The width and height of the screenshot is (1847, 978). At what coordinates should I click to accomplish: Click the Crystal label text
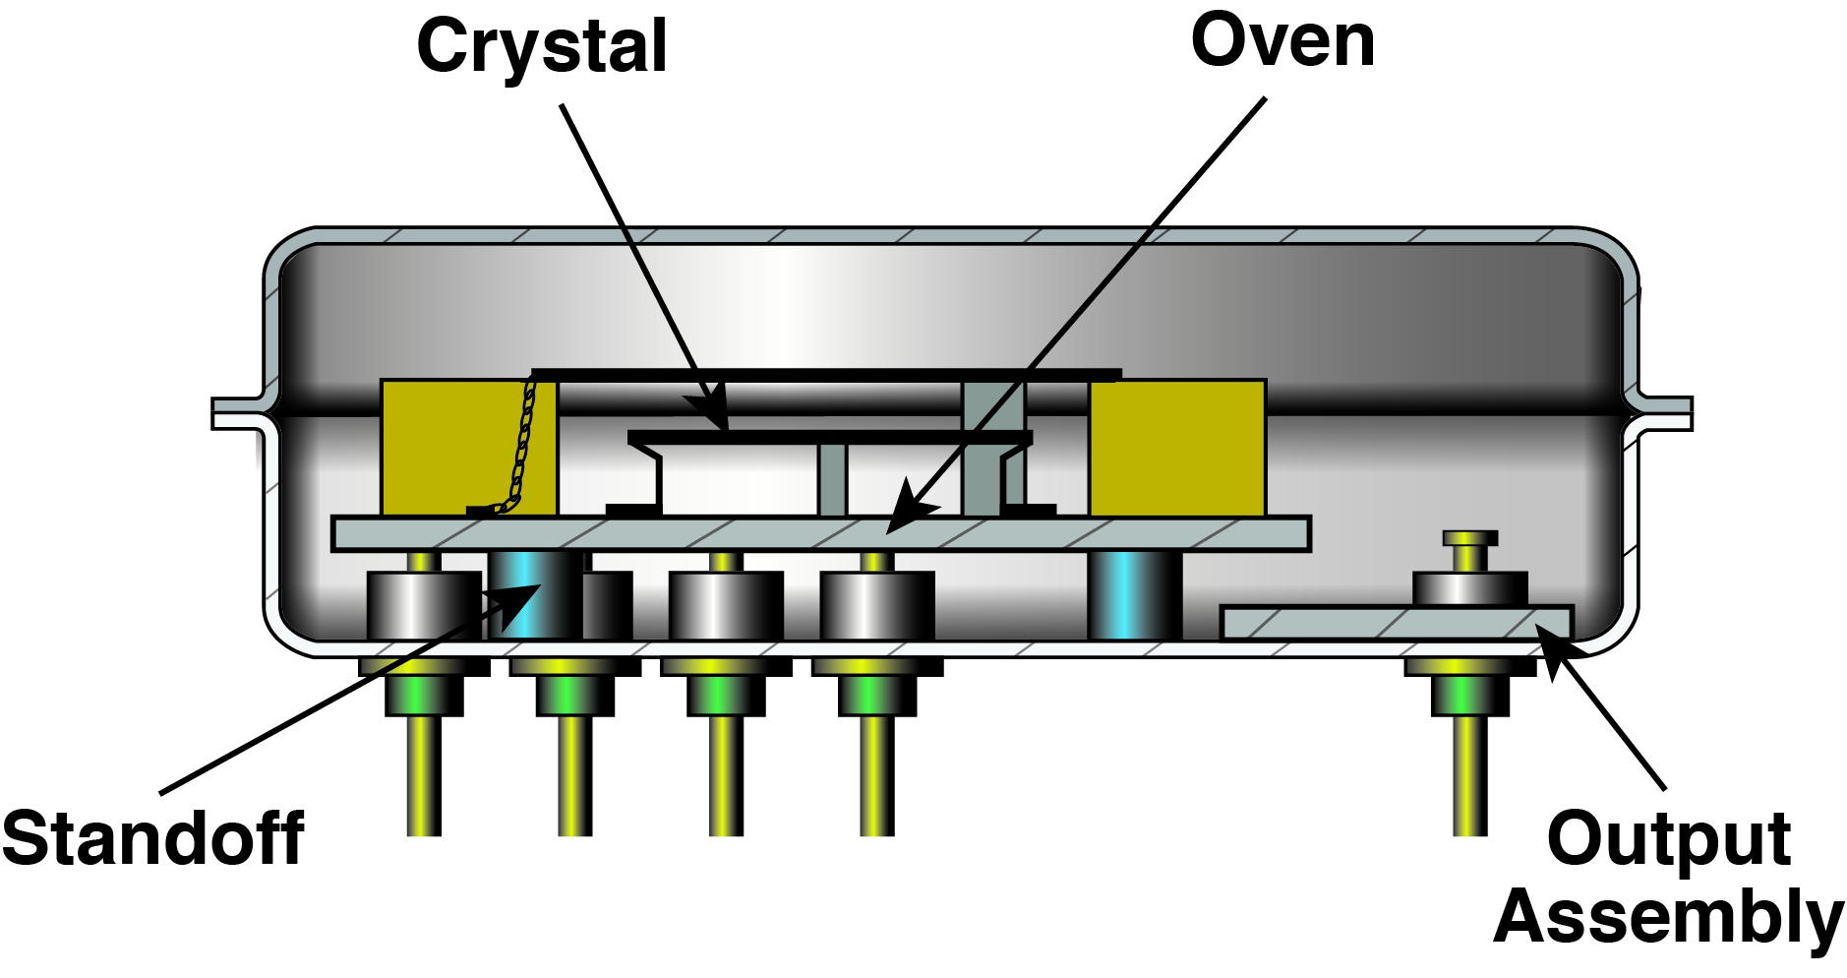coord(542,47)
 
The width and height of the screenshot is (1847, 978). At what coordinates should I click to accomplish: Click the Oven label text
coord(1281,41)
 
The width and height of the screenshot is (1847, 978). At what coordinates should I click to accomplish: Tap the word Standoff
coord(152,838)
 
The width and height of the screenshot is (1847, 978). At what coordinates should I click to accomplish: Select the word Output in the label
coord(1668,838)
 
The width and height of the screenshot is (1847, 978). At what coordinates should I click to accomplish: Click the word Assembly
coord(1668,915)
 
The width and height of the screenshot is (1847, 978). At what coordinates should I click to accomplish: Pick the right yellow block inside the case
coord(1177,448)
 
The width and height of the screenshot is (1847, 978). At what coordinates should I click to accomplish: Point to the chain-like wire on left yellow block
coord(522,443)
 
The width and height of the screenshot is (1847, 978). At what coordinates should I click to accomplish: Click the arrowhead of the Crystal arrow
coord(712,413)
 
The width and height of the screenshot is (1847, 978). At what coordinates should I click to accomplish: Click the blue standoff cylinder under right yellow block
coord(1133,595)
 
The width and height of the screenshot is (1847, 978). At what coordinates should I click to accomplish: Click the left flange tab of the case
coord(236,413)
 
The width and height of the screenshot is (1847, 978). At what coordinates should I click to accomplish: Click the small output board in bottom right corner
coord(1397,623)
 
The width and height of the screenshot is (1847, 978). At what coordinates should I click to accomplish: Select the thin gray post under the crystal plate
coord(832,480)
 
